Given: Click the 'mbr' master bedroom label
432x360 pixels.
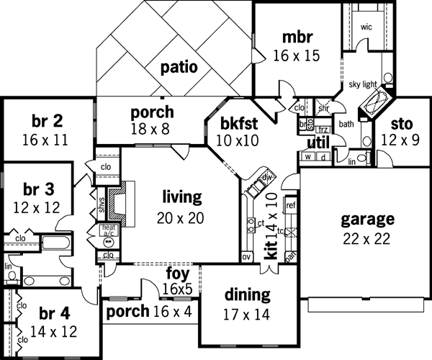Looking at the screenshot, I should pyautogui.click(x=297, y=37).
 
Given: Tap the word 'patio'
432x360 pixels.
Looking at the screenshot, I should pyautogui.click(x=179, y=68).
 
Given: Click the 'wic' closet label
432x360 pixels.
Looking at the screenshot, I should pyautogui.click(x=366, y=27).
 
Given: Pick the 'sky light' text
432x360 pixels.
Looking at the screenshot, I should pyautogui.click(x=364, y=84).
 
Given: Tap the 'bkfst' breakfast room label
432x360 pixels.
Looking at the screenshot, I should pyautogui.click(x=235, y=121).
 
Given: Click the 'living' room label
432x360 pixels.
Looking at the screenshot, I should pyautogui.click(x=182, y=196).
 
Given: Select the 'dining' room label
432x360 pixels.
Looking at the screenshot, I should pyautogui.click(x=247, y=294).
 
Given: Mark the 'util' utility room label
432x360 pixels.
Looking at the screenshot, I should pyautogui.click(x=318, y=140).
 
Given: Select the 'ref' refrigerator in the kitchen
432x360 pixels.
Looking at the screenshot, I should pyautogui.click(x=291, y=204).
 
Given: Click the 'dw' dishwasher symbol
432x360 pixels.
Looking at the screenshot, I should pyautogui.click(x=267, y=176).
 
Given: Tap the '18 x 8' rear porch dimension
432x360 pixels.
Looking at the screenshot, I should pyautogui.click(x=152, y=130).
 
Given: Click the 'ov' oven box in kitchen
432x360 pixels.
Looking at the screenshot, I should pyautogui.click(x=246, y=256).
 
